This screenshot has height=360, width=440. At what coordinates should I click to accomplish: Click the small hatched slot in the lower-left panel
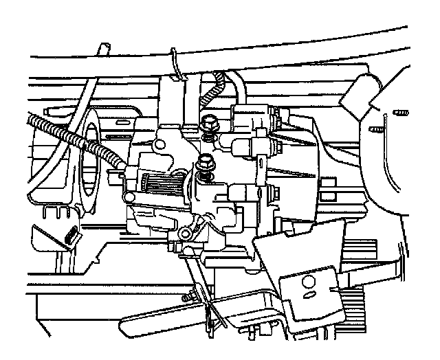coord(71,237)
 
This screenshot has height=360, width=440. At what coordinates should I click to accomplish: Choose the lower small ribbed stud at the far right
coord(375,128)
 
